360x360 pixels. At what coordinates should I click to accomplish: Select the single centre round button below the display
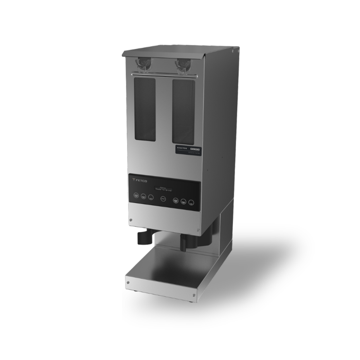coord(163,199)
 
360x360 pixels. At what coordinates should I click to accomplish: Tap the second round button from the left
coord(143,196)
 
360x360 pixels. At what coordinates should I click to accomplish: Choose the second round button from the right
coord(184,201)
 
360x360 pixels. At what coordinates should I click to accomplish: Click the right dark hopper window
coord(183,112)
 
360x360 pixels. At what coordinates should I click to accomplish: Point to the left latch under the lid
coord(142,63)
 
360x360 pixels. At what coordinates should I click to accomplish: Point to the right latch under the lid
coord(183,65)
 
